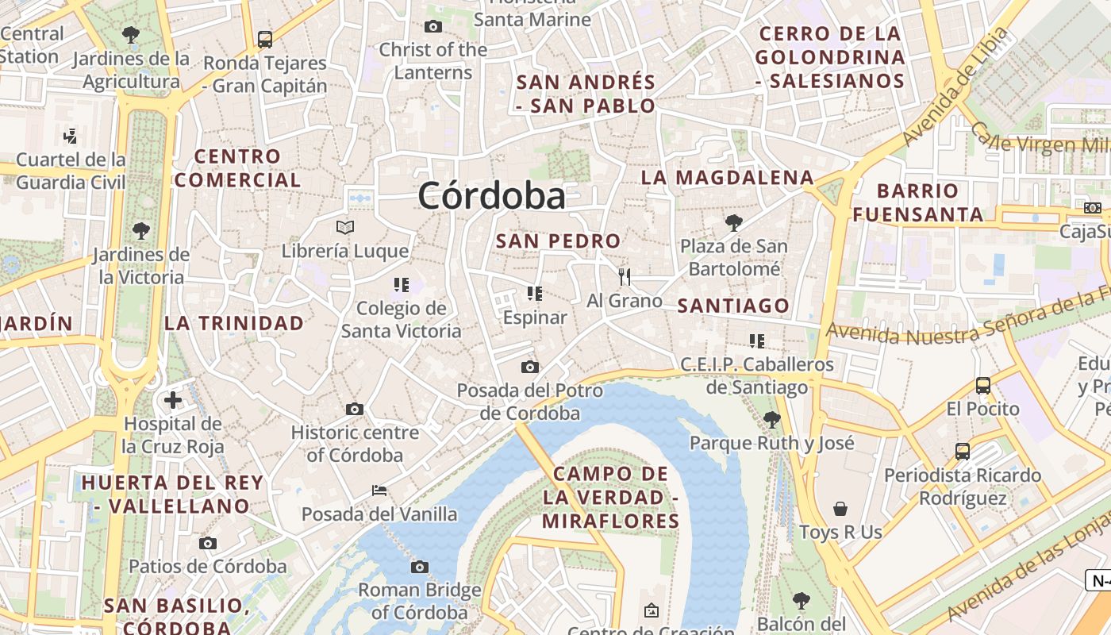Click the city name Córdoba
pos(492,195)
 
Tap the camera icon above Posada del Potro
pos(530,367)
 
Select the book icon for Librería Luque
pos(345,228)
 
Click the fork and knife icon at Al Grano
pos(625,277)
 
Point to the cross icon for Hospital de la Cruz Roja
pos(173,400)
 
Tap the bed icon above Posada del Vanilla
pos(379,490)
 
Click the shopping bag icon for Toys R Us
pos(840,509)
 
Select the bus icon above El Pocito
pos(983,386)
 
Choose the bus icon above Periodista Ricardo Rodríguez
pos(963,452)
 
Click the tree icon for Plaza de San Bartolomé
pos(734,222)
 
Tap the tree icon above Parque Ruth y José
pos(771,419)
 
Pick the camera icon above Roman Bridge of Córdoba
pos(420,567)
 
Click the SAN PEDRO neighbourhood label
pos(558,241)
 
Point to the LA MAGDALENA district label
pos(728,177)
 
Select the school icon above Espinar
pos(535,294)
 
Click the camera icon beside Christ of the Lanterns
pos(433,26)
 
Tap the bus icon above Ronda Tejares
pos(265,39)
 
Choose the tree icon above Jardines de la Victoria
pos(141,231)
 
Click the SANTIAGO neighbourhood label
pos(733,306)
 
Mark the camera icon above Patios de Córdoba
pos(208,543)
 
